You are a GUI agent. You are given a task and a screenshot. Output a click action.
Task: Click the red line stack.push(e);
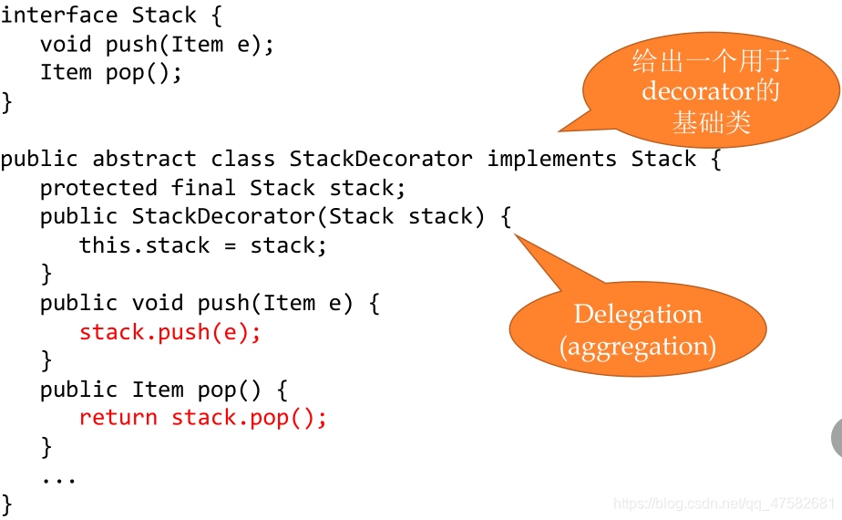coord(170,332)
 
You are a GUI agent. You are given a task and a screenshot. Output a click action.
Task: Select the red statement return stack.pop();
coord(202,418)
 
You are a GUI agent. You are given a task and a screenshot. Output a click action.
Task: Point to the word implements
coord(552,159)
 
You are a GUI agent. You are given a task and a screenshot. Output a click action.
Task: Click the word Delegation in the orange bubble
coord(638,315)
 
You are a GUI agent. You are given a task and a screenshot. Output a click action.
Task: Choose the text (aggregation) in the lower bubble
coord(638,347)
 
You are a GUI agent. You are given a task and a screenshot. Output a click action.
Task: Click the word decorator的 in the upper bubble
coord(711,91)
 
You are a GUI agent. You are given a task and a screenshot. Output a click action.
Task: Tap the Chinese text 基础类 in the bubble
coord(711,121)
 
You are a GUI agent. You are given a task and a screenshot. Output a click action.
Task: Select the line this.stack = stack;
coord(202,245)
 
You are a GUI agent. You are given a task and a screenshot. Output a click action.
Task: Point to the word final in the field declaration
coord(203,188)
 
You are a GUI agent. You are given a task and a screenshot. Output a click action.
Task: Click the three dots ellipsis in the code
coord(58,478)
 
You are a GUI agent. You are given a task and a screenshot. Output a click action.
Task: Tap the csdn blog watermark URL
coord(724,504)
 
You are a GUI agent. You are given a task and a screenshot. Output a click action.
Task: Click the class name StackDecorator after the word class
coord(381,159)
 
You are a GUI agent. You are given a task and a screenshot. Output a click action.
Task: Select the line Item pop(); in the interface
coord(111,73)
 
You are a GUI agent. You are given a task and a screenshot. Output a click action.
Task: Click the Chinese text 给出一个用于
coord(711,61)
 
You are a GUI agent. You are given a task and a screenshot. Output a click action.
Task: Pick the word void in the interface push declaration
coord(66,45)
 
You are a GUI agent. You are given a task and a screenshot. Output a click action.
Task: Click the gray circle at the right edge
coord(837,439)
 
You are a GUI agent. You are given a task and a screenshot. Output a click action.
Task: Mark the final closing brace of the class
coord(7,504)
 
